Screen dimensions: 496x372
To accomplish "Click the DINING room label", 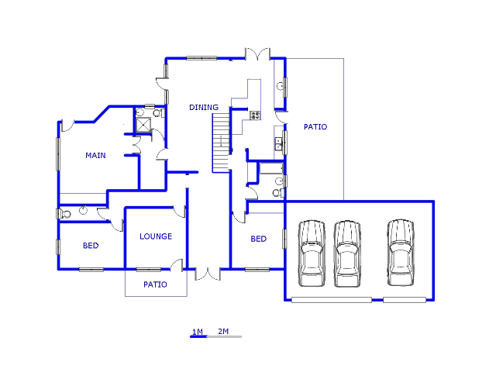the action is click(x=204, y=107).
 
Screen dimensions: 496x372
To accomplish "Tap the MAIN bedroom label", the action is click(x=95, y=155).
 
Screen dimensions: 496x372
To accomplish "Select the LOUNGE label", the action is click(x=156, y=236).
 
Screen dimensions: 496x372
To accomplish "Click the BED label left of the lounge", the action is click(x=91, y=246).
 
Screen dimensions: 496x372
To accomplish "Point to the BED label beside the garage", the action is click(x=258, y=239).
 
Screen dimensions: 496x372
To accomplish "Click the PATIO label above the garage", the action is click(x=315, y=127).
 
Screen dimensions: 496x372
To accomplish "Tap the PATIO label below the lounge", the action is click(x=155, y=284).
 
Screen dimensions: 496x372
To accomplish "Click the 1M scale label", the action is click(x=198, y=332).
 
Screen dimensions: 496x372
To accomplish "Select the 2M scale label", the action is click(x=223, y=331).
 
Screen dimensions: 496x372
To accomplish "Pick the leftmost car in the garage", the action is click(x=312, y=253).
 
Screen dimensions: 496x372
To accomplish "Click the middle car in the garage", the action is click(x=347, y=253).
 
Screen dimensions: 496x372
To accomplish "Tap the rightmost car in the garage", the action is click(x=401, y=253).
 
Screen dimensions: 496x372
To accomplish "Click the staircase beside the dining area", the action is click(x=221, y=143).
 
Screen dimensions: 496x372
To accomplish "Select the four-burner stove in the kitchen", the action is click(x=255, y=115).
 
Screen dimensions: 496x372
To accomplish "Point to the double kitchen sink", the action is click(x=279, y=143).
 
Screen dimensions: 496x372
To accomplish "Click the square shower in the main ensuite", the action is click(x=143, y=125).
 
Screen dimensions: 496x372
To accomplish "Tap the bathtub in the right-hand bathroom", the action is click(x=271, y=168).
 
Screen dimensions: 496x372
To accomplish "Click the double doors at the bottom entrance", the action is click(x=208, y=274).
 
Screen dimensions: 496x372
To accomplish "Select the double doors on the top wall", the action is click(x=258, y=53).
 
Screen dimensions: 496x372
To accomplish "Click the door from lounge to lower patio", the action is click(x=177, y=265).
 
